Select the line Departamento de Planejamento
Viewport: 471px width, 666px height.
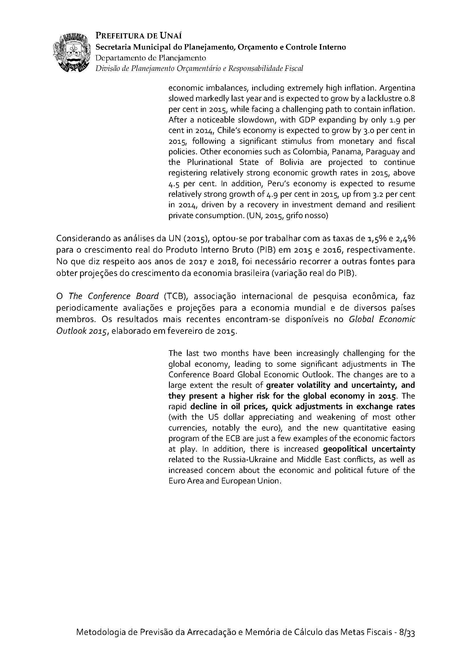(151, 58)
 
